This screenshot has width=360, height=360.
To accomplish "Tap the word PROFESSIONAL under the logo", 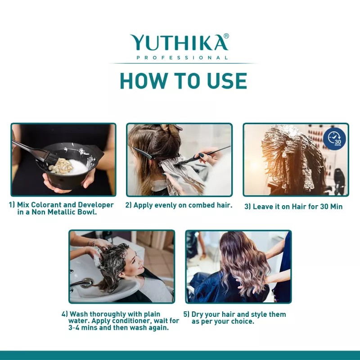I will coord(182,58).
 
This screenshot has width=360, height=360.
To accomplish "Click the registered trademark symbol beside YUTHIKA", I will coord(226,36).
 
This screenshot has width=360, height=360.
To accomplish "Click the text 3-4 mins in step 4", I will coord(75,328).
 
